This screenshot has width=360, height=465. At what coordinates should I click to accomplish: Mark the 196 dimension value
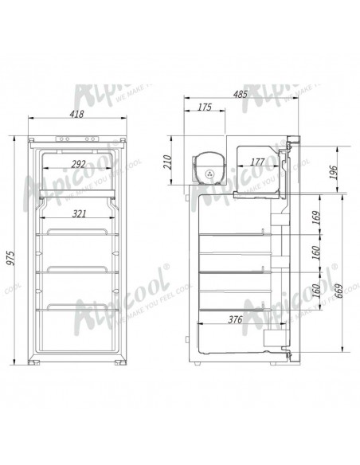[334, 170]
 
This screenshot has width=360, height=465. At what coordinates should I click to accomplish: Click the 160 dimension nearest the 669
[318, 295]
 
